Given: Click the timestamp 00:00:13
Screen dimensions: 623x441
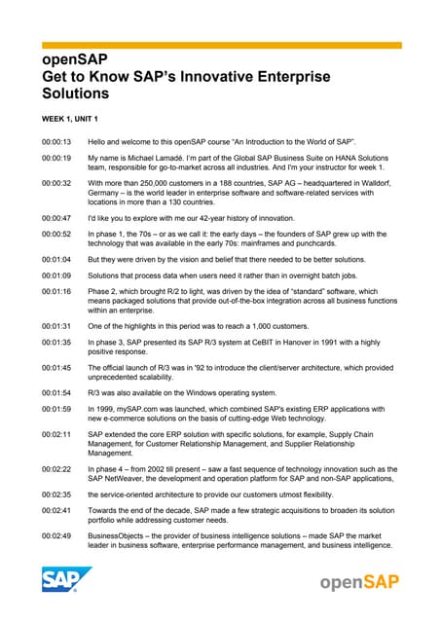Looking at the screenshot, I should click(55, 142).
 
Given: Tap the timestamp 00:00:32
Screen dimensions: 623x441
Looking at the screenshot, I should click(55, 182).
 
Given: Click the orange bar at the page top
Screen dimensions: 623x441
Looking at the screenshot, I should click(220, 45).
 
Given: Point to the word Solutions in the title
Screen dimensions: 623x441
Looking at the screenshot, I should click(75, 94).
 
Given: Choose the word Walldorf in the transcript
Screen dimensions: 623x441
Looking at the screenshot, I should click(372, 182).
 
